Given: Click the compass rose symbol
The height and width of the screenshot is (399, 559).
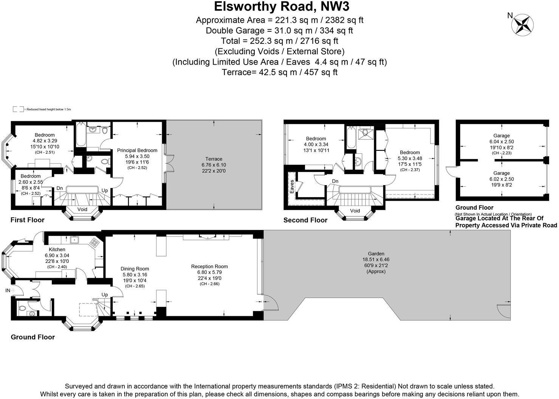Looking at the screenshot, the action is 523,25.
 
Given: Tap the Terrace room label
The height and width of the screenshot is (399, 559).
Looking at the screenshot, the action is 214,159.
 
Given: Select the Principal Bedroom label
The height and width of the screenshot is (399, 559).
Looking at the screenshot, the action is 137,150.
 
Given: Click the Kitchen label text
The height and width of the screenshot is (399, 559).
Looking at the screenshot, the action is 57,249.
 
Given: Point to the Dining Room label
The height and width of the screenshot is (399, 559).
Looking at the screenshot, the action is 135,269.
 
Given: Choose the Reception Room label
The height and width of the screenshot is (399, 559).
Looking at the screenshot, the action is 209,266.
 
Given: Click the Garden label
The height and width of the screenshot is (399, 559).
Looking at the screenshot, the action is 376,254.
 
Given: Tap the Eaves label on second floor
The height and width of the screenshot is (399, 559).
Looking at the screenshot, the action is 292,186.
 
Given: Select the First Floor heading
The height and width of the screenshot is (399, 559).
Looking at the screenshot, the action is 28,220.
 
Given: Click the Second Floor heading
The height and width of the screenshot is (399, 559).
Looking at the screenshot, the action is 305,220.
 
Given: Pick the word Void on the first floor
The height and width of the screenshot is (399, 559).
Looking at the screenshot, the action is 82,209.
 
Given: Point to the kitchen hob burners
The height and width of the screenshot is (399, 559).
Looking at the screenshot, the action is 94,242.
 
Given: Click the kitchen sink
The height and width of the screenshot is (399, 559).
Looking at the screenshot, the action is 74,240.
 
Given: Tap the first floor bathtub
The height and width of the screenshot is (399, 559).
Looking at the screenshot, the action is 81,135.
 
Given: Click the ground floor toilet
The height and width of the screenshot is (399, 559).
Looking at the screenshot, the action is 22,308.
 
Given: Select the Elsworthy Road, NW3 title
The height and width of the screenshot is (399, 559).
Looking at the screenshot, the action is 282,6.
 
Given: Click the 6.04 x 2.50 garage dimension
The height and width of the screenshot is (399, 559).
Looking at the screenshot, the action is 502,142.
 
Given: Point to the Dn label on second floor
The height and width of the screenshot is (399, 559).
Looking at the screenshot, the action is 335,181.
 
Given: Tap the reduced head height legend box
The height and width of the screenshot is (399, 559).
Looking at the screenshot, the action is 18,109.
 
